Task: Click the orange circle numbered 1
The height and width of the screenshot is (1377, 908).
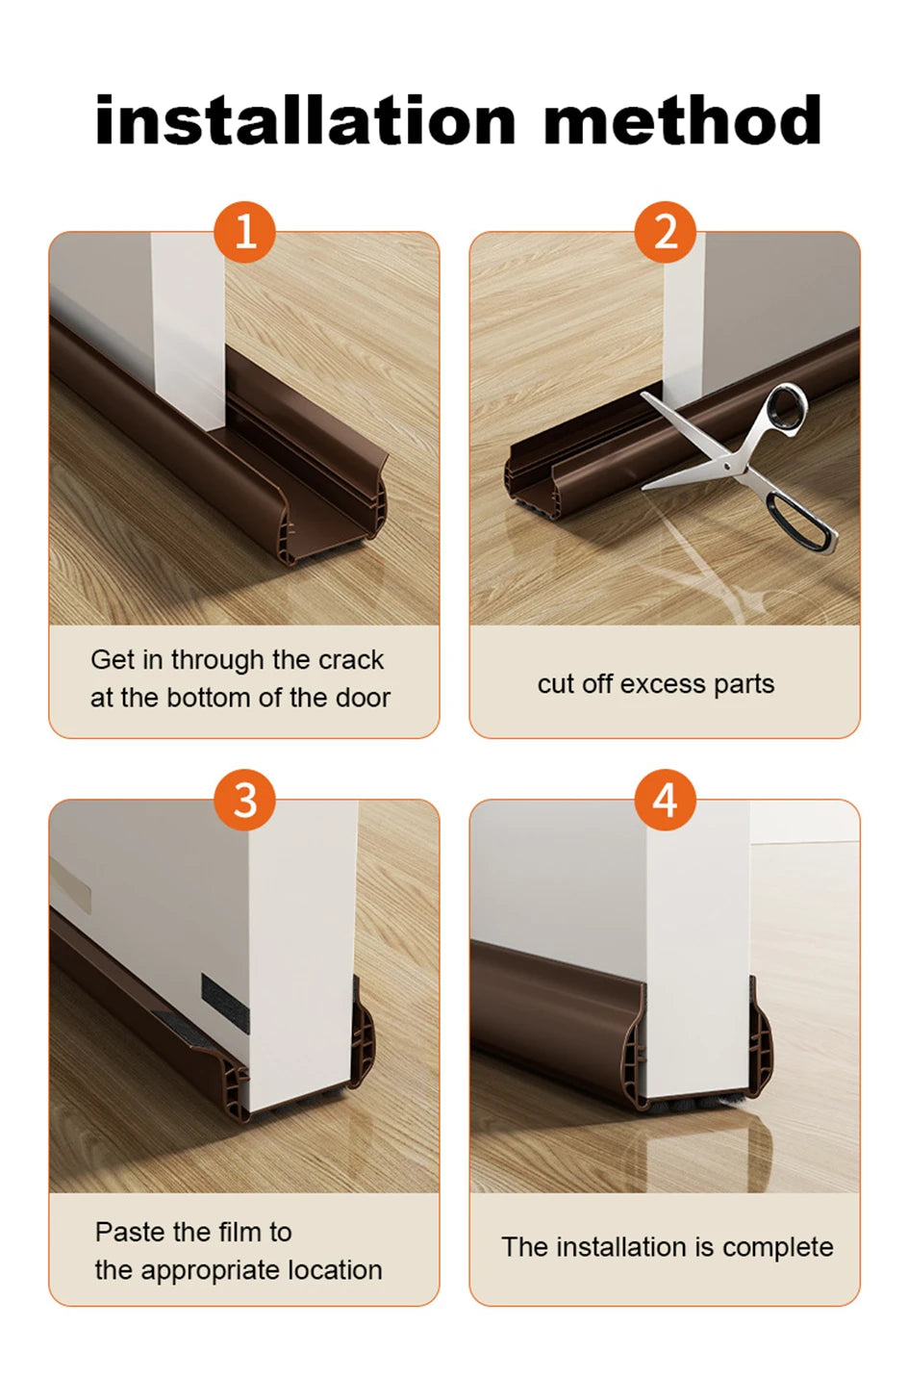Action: (244, 232)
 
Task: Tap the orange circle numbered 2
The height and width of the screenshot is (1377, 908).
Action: (666, 232)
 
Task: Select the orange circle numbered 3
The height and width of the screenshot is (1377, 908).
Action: (244, 800)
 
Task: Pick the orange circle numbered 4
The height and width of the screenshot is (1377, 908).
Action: (666, 800)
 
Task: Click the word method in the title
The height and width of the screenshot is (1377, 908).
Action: (683, 120)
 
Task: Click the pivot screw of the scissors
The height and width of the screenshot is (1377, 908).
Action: (728, 467)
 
